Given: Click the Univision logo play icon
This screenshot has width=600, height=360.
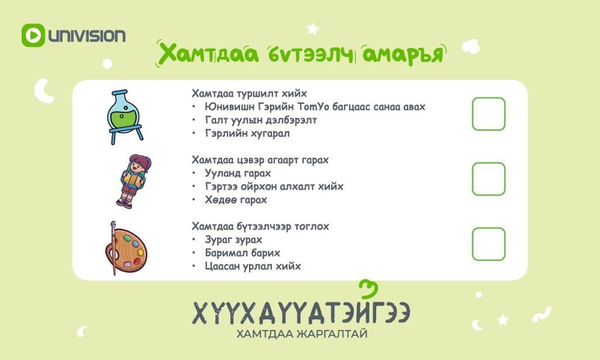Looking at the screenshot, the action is pos(33,35).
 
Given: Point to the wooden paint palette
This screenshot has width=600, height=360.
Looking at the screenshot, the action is pos(128,250).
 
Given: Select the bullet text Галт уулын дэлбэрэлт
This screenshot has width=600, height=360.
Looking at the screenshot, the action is pos(261,120).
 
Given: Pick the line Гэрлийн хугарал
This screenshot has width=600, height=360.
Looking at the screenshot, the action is pos(247,133).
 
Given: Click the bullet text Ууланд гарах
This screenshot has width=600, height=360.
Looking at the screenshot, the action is pos(238,173).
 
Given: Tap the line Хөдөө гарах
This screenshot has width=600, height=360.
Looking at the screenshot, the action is pos(236,199).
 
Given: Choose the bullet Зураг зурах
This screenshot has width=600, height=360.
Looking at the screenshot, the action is pos(233,240).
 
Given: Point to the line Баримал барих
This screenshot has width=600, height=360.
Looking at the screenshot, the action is pos(242,253).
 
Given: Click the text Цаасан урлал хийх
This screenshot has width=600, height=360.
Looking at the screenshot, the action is pos(253,266).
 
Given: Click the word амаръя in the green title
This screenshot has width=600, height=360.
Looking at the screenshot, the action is pos(403,53).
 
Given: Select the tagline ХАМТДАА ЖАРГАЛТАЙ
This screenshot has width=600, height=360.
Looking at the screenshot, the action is pos(302,334).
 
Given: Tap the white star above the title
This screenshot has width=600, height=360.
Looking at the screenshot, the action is pos(313,28).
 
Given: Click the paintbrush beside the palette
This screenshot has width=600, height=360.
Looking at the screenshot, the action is pos(113,248).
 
